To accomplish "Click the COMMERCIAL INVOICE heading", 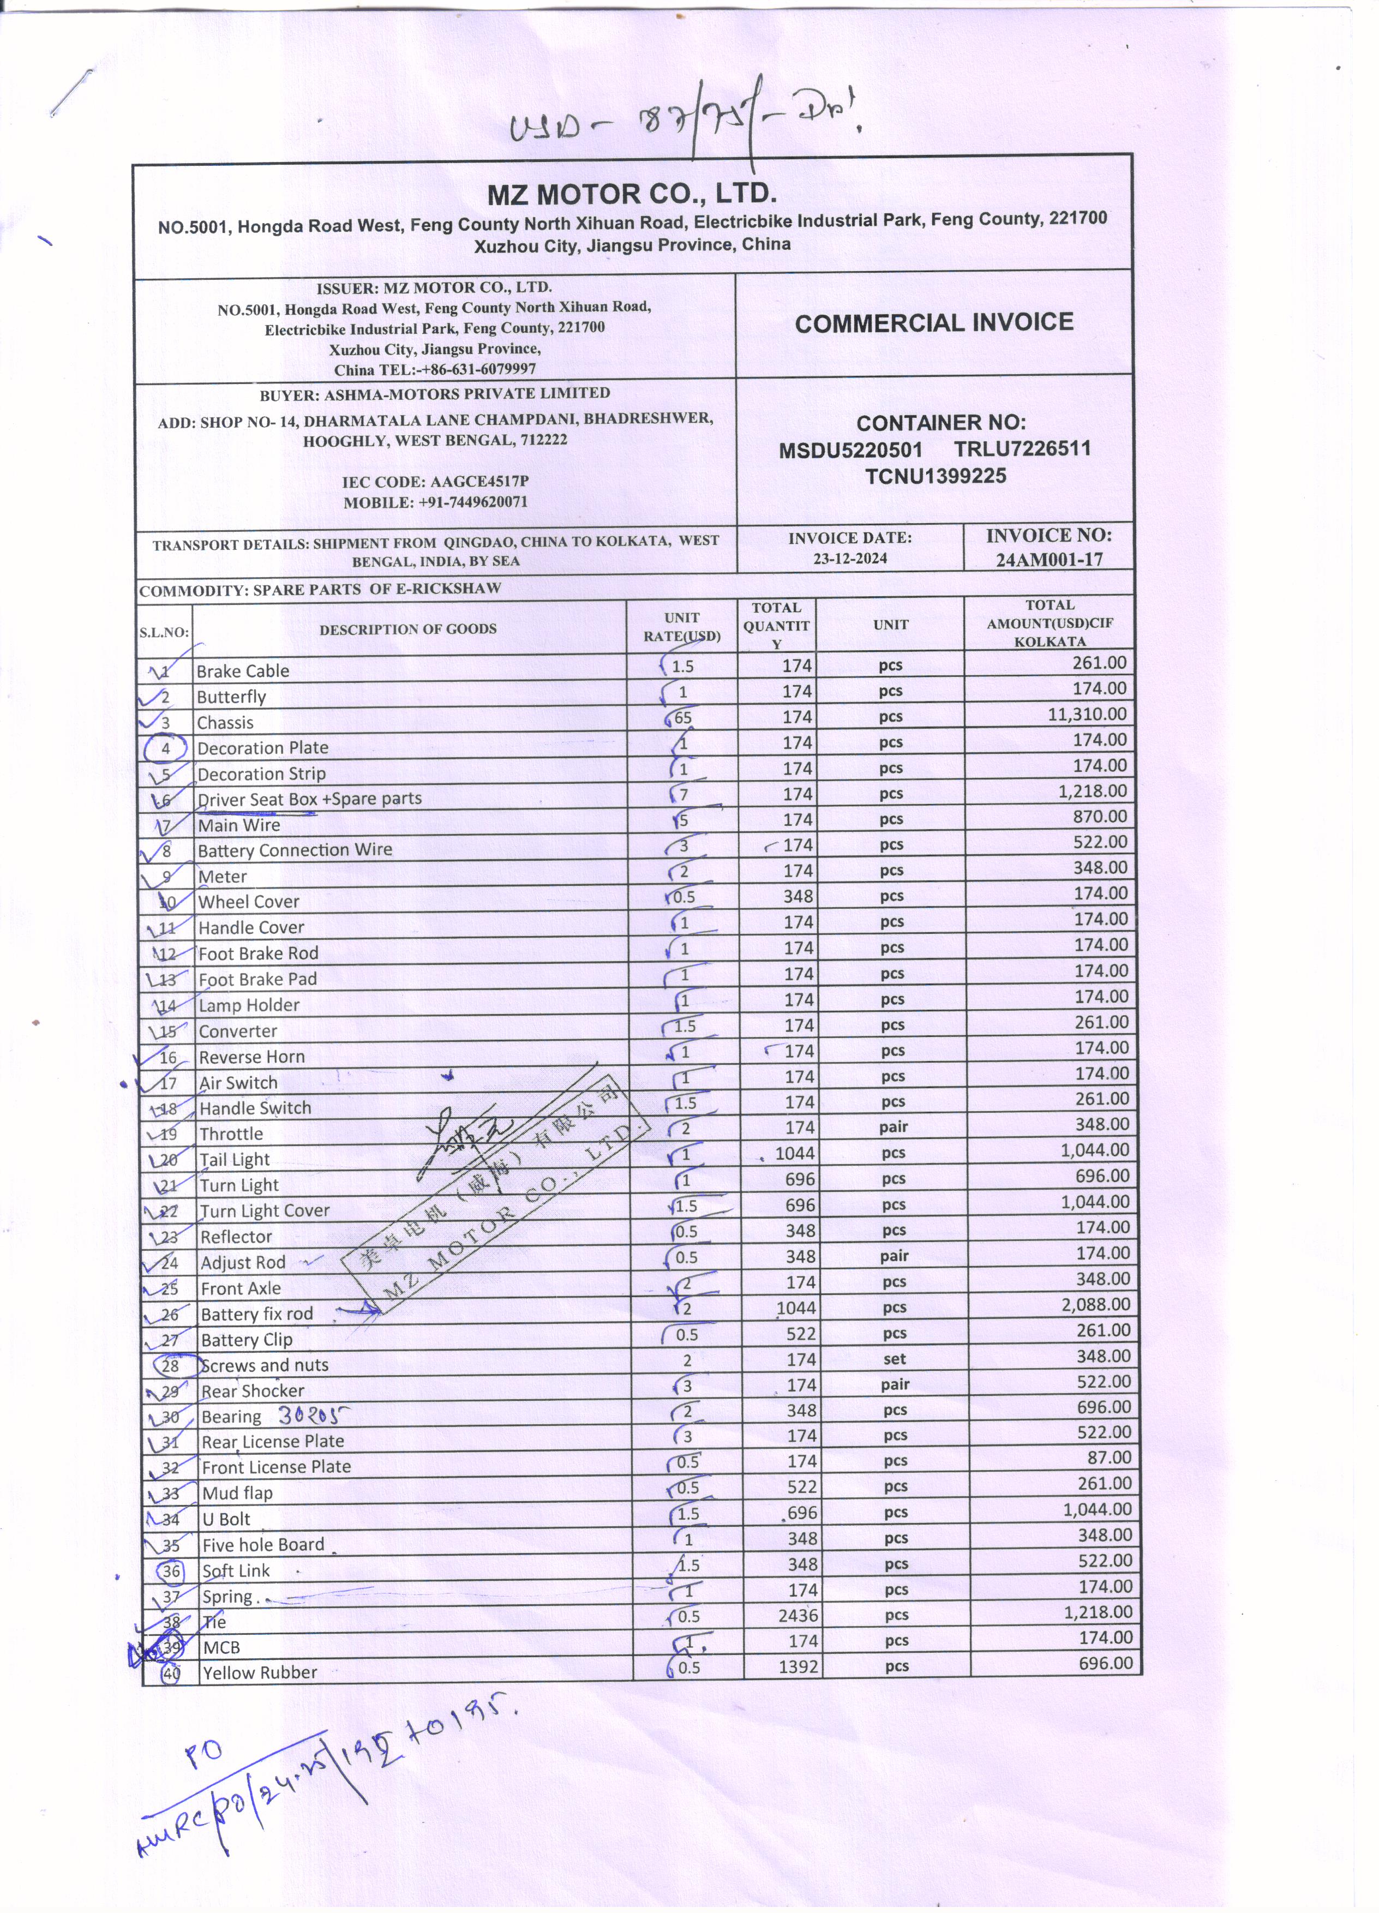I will tap(934, 323).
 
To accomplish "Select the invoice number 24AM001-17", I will tap(1048, 559).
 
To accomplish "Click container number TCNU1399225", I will tap(936, 477).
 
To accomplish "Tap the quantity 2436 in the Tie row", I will tap(798, 1615).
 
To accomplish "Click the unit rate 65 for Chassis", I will tap(682, 718).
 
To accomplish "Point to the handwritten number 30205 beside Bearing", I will tap(313, 1414).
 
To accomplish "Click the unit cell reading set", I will tap(895, 1359).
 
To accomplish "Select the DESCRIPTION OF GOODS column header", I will tap(407, 628).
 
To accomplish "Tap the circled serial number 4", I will tap(165, 748).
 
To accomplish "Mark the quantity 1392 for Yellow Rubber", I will tap(798, 1666).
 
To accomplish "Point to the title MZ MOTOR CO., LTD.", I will tap(632, 194).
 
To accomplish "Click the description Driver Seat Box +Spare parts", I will tap(309, 799).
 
